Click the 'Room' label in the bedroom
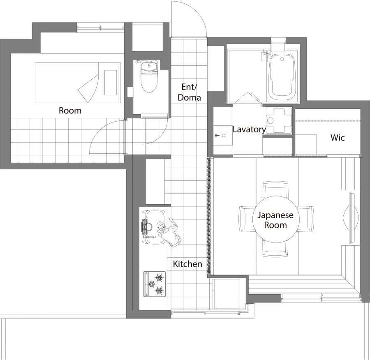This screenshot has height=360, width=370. (70, 111)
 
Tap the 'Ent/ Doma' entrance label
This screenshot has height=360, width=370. (189, 92)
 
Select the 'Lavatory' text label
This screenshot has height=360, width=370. (249, 129)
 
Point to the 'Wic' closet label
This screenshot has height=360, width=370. (338, 138)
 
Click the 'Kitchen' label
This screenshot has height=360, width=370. (187, 264)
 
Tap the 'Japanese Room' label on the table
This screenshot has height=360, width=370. (275, 220)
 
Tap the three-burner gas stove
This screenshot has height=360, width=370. (155, 284)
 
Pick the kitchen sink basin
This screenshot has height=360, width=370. (154, 226)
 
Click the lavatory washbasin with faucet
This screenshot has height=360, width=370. (223, 136)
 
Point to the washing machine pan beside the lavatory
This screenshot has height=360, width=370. (279, 121)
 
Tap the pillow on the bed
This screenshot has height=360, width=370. (111, 83)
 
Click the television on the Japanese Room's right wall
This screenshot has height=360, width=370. (353, 218)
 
